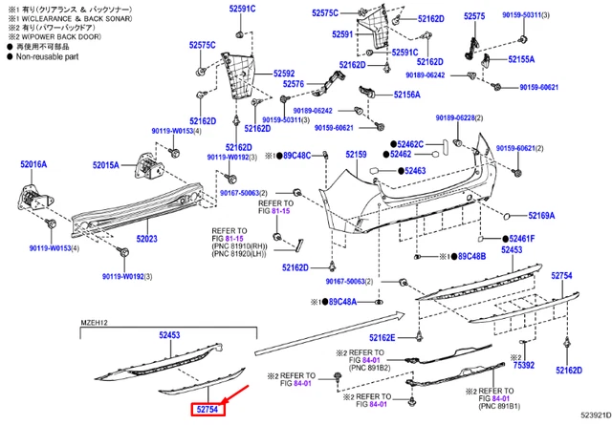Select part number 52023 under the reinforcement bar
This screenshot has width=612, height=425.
tap(147, 240)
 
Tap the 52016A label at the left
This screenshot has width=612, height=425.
tap(33, 165)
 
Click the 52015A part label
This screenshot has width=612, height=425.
tap(105, 165)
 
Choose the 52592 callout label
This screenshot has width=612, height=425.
tap(283, 73)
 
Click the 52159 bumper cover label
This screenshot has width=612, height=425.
tap(356, 155)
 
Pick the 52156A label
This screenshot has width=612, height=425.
tap(407, 95)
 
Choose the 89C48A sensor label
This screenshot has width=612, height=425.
tap(337, 302)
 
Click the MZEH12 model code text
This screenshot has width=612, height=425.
tap(94, 321)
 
